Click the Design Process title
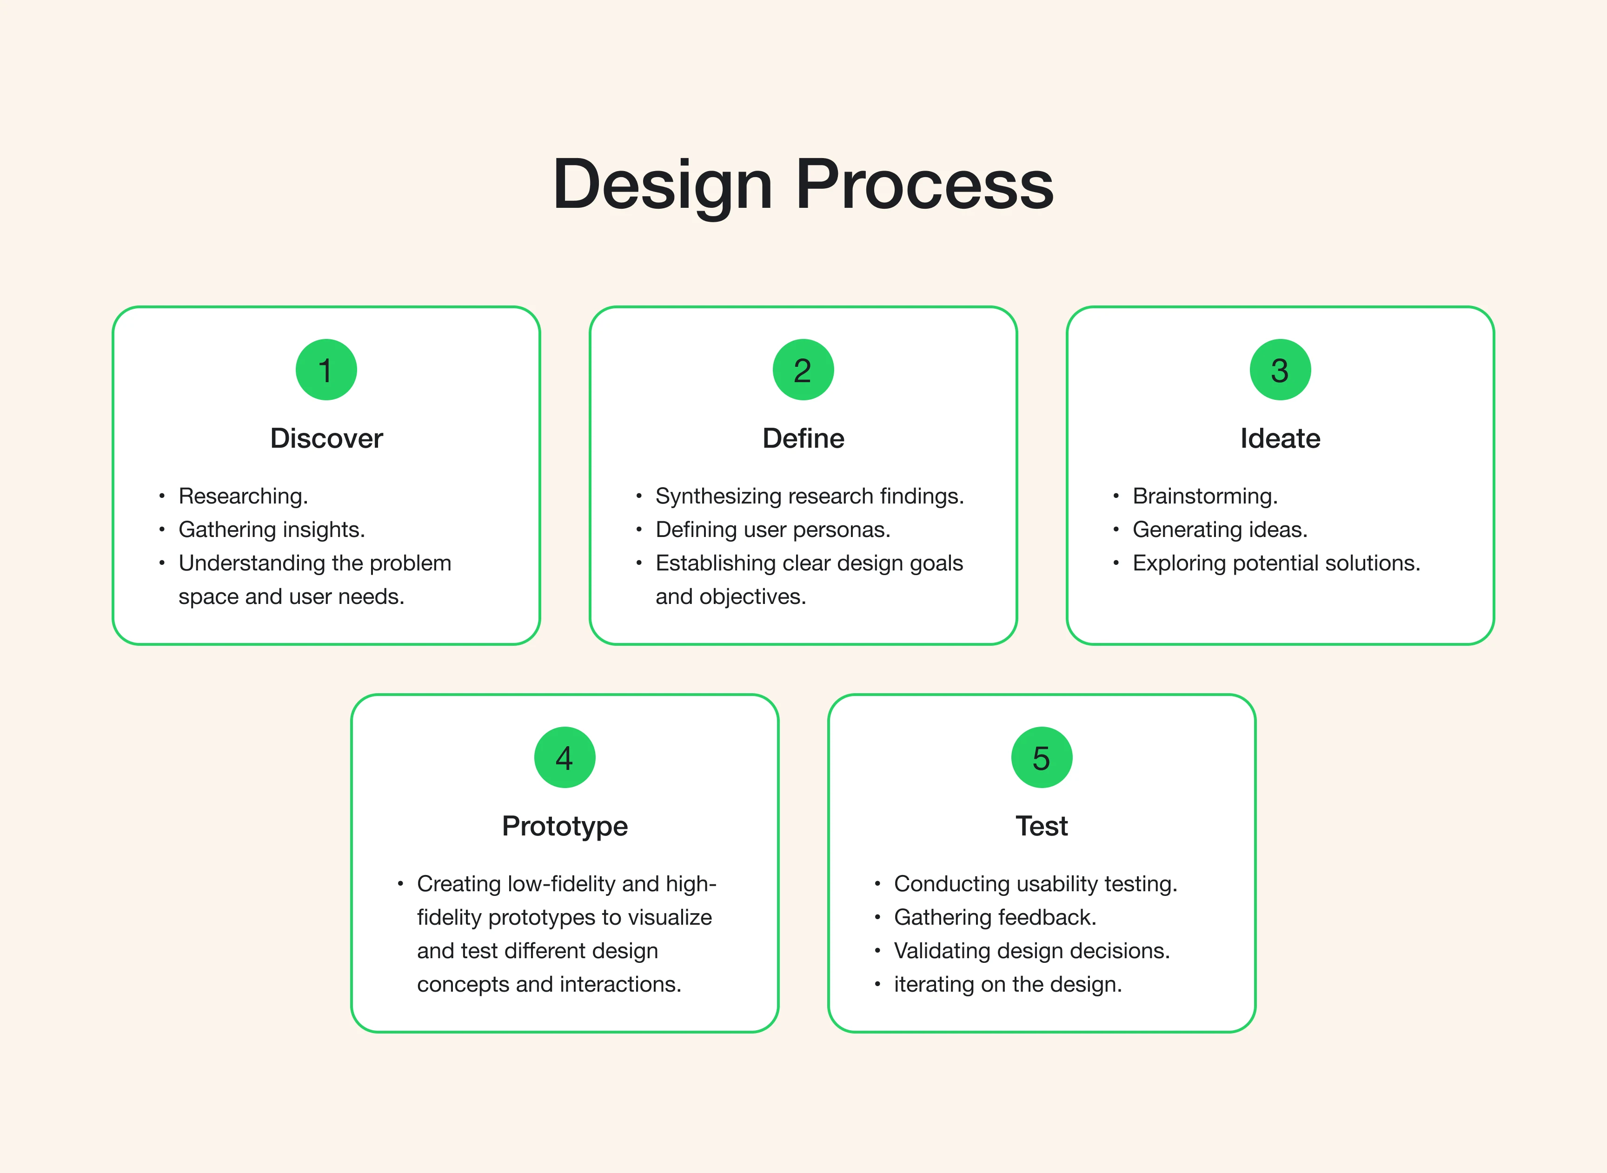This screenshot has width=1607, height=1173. click(803, 184)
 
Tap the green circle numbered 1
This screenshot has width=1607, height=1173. click(326, 370)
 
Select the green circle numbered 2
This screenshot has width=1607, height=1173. click(803, 370)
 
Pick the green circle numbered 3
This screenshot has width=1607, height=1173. click(1280, 370)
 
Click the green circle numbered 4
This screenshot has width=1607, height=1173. click(564, 758)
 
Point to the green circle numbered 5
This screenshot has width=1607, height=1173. click(1042, 758)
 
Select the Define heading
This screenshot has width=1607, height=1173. click(803, 438)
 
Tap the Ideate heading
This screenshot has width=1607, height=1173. click(1280, 438)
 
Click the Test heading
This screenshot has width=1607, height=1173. click(1042, 826)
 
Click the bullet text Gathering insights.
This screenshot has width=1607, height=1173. click(271, 530)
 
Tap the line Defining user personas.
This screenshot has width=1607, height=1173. click(773, 530)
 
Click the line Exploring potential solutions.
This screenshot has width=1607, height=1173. click(1276, 563)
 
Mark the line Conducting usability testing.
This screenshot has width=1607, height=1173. click(1036, 884)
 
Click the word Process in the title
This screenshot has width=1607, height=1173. click(924, 184)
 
